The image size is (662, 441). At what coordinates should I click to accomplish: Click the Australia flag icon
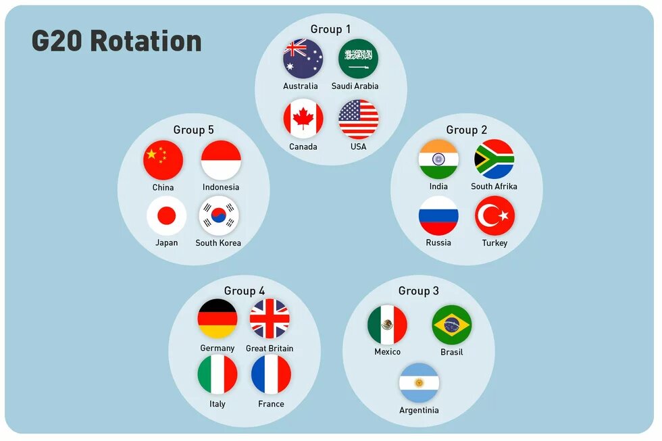[303, 59]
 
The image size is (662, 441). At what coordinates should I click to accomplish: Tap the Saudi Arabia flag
[358, 59]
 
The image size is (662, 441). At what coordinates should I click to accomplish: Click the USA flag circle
[358, 120]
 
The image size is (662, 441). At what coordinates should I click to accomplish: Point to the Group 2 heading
[466, 130]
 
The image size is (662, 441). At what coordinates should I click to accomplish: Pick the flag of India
[438, 160]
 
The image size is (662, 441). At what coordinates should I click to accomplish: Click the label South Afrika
[494, 186]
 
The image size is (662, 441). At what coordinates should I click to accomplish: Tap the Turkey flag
[494, 216]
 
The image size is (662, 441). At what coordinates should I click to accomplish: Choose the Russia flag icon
[438, 216]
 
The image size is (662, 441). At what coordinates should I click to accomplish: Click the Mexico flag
[387, 325]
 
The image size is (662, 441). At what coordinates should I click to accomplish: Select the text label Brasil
[451, 353]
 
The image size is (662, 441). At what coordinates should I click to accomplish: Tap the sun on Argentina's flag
[419, 383]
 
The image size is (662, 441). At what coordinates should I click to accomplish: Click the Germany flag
[218, 319]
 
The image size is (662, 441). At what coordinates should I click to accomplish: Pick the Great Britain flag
[270, 319]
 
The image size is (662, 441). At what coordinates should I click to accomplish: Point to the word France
[271, 404]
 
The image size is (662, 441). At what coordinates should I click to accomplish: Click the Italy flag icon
[218, 375]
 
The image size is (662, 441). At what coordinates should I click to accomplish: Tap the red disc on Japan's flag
[166, 216]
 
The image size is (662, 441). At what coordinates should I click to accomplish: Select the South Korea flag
[219, 216]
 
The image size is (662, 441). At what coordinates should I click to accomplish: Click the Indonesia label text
[221, 187]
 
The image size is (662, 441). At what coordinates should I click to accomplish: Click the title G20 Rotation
[117, 41]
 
